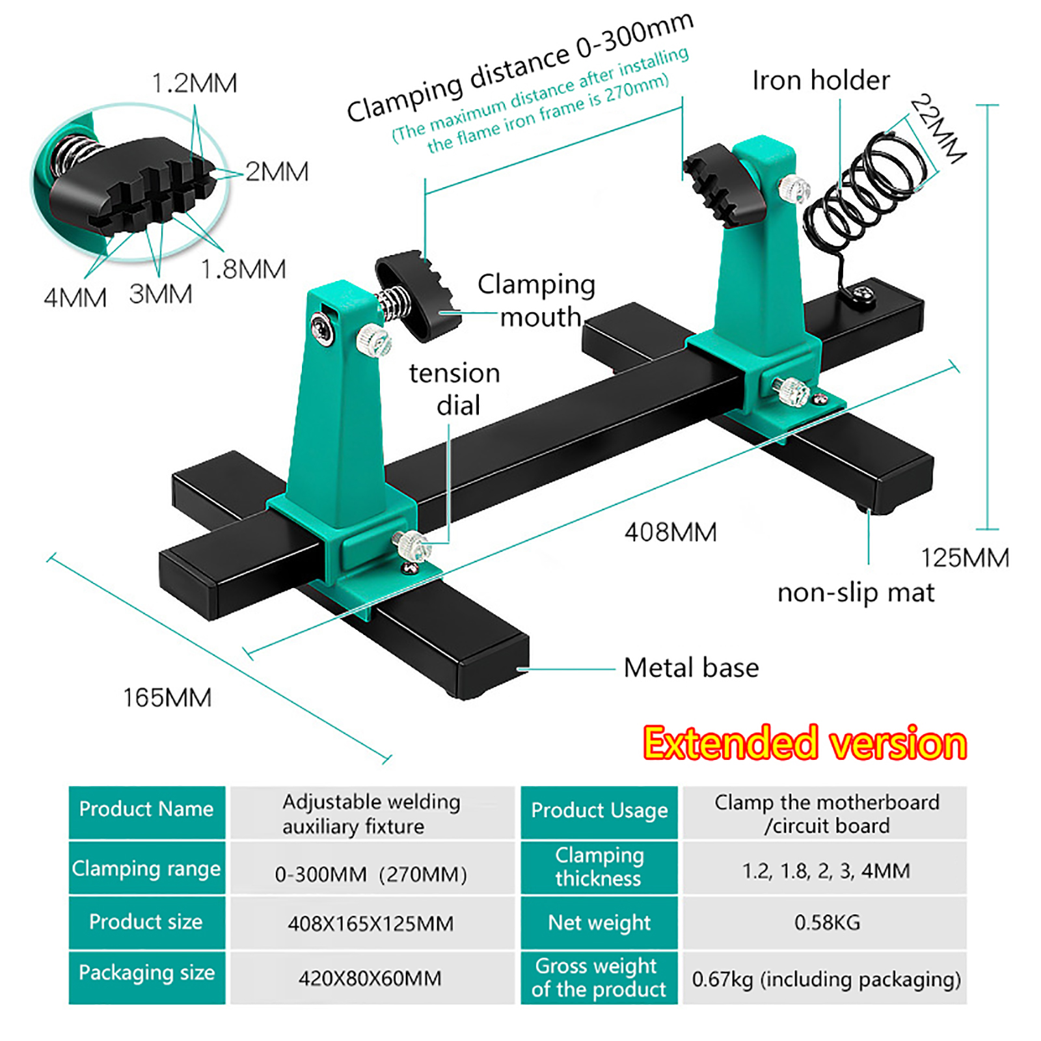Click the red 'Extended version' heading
point(805,743)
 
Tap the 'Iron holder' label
point(821,81)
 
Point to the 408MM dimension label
point(670,532)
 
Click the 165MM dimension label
point(167,697)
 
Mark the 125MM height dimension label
point(965,558)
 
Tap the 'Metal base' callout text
point(691,668)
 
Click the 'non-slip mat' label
point(856,593)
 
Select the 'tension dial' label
point(455,389)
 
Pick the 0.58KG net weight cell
point(827,922)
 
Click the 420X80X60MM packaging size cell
point(370,978)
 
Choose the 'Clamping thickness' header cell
point(599,867)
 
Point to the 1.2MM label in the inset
point(195,83)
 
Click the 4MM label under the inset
point(75,298)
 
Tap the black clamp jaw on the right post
point(724,185)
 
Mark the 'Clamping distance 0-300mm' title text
point(520,67)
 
